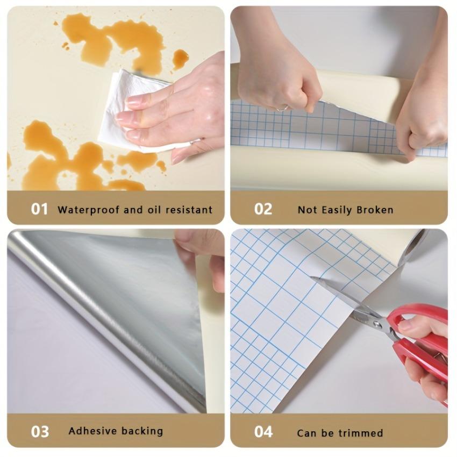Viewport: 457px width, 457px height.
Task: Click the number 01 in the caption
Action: [39, 209]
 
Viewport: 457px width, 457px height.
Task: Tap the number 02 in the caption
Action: [263, 209]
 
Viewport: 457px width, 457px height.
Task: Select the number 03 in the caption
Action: [39, 431]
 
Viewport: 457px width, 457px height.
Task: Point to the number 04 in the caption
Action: [263, 432]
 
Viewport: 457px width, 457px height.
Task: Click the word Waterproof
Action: [88, 210]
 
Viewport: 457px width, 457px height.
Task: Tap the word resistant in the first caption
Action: [188, 210]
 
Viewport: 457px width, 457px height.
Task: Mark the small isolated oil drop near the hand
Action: [180, 58]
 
